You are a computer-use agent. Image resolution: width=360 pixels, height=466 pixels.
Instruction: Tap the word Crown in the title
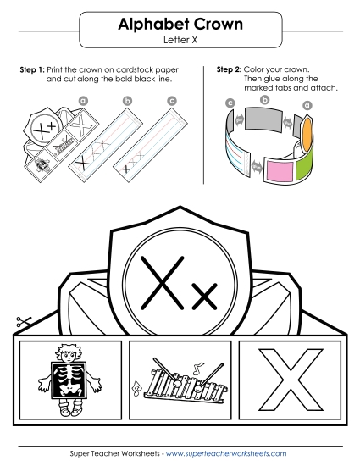216,25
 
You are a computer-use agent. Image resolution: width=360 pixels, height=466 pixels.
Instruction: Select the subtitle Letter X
180,40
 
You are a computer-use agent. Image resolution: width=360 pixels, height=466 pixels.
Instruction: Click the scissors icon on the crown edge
23,322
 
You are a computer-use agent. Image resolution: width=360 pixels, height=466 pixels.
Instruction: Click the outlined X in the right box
291,378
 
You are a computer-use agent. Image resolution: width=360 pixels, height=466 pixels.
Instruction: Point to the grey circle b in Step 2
268,100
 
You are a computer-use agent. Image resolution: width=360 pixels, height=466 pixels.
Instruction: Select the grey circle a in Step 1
83,100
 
